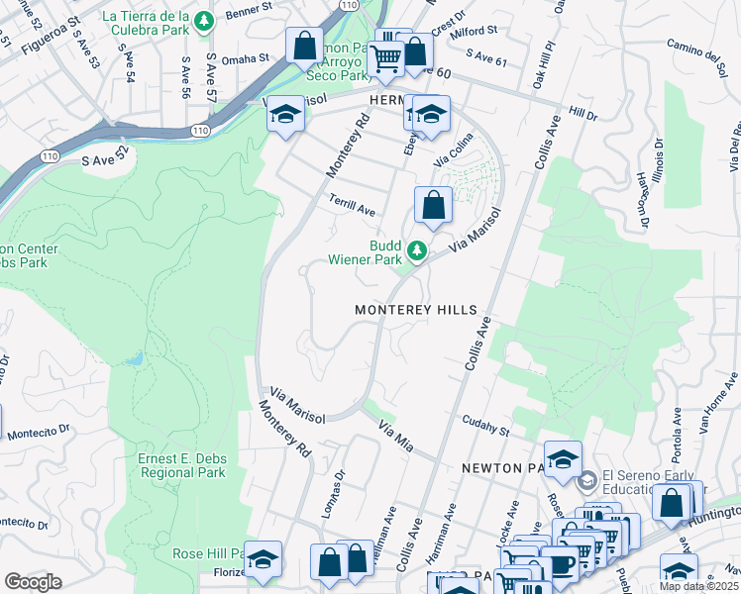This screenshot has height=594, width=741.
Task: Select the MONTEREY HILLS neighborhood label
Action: [x=416, y=310]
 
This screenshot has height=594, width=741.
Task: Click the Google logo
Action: [x=33, y=582]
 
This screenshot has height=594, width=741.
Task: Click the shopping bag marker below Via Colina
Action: [x=434, y=205]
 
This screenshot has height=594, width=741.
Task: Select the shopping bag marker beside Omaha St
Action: [x=304, y=45]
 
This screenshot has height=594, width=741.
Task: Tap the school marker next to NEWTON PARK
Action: [x=563, y=458]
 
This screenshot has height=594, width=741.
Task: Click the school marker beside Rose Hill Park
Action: [x=264, y=558]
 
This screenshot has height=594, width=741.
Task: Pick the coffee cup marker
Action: [x=564, y=564]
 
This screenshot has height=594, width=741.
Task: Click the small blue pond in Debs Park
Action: [x=136, y=359]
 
